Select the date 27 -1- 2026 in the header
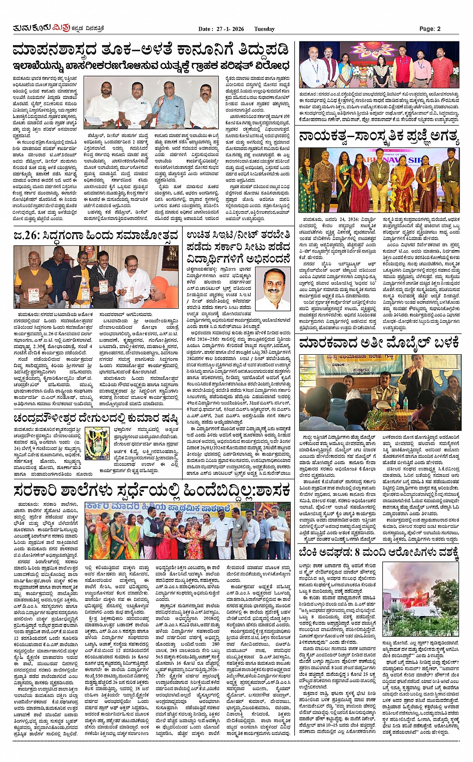tap(228, 29)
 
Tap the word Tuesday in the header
tap(264, 29)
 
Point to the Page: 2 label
tap(429, 29)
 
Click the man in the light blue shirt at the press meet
tap(171, 102)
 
